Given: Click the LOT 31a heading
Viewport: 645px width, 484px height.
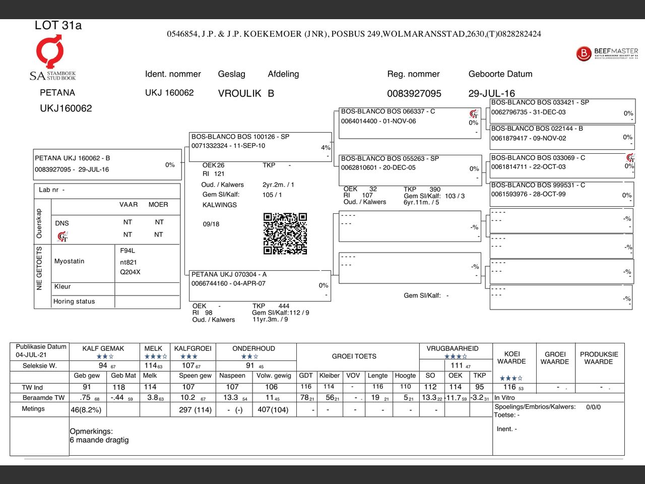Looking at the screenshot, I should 58,25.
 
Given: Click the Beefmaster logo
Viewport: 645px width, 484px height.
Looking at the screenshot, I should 607,53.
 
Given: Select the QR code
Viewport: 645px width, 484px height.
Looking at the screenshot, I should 285,233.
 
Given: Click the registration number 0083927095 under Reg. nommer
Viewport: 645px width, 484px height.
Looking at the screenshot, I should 414,94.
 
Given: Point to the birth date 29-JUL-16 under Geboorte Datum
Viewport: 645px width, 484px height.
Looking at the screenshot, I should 491,94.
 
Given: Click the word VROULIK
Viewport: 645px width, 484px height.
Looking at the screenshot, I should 239,94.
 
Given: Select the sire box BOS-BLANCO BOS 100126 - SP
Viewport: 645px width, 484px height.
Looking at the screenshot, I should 260,146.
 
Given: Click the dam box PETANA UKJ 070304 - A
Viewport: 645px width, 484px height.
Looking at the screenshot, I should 260,285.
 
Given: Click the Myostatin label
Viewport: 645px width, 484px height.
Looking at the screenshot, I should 70,261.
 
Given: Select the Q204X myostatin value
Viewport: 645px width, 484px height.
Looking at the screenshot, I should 130,272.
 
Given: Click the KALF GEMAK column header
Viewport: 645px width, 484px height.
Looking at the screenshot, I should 103,348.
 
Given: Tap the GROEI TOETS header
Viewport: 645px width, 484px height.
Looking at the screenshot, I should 354,356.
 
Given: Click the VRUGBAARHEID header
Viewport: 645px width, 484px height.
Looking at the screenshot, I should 453,348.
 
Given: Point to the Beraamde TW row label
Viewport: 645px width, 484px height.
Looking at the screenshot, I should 44,398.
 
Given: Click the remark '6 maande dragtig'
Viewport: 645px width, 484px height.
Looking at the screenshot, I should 99,440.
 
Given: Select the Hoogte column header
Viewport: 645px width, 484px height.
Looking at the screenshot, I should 405,376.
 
